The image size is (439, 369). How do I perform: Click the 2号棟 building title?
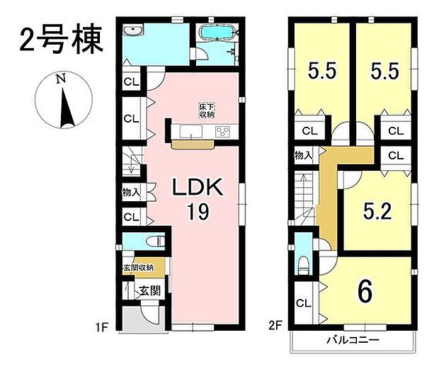pyautogui.click(x=62, y=40)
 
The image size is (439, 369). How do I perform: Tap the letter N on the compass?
pyautogui.click(x=61, y=79)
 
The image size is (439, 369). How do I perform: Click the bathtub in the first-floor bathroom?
pyautogui.click(x=215, y=33)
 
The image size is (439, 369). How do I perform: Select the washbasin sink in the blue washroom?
pyautogui.click(x=133, y=30)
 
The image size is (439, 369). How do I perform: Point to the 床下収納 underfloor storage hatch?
pyautogui.click(x=207, y=110)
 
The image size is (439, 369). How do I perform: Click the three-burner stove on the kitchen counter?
pyautogui.click(x=222, y=131)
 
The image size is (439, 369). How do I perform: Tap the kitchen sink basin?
pyautogui.click(x=191, y=131)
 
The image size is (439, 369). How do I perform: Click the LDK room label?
pyautogui.click(x=198, y=187)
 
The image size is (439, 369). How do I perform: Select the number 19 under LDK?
pyautogui.click(x=198, y=212)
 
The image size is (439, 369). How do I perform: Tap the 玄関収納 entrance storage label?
pyautogui.click(x=138, y=268)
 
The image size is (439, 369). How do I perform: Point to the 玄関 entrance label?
pyautogui.click(x=150, y=291)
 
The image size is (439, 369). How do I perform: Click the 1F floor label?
pyautogui.click(x=102, y=327)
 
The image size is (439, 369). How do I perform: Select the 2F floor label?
pyautogui.click(x=275, y=326)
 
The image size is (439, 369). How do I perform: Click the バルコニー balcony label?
pyautogui.click(x=353, y=340)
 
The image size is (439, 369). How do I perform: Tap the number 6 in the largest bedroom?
pyautogui.click(x=365, y=291)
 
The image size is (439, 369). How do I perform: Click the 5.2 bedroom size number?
pyautogui.click(x=377, y=211)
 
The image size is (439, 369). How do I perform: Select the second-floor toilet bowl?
pyautogui.click(x=304, y=265)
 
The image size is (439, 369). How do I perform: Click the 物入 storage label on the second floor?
pyautogui.click(x=303, y=155)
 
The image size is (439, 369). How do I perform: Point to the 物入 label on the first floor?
pyautogui.click(x=131, y=193)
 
